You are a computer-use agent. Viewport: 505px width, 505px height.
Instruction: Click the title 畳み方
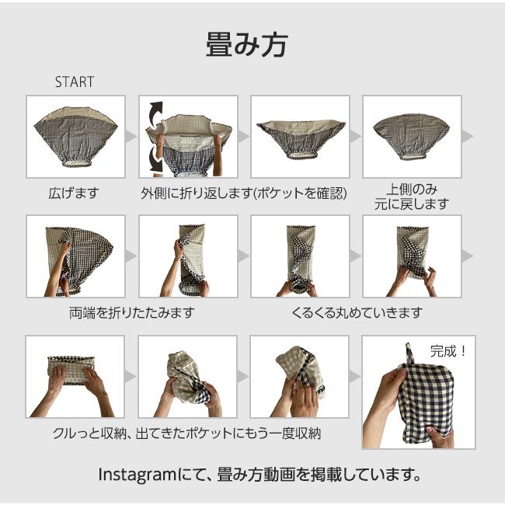[x=247, y=44]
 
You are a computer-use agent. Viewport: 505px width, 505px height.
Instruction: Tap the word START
[x=74, y=82]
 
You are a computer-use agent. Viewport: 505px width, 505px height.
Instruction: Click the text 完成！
[x=448, y=350]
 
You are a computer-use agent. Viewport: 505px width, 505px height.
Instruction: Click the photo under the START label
[x=75, y=136]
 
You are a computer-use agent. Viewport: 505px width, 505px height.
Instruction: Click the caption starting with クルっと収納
[x=186, y=434]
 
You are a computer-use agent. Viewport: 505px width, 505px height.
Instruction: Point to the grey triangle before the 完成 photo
[x=355, y=376]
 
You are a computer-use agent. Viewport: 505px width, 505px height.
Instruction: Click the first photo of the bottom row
[x=75, y=376]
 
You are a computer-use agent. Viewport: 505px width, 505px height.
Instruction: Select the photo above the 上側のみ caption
[x=412, y=136]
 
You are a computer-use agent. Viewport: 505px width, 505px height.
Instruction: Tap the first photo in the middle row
[x=75, y=256]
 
